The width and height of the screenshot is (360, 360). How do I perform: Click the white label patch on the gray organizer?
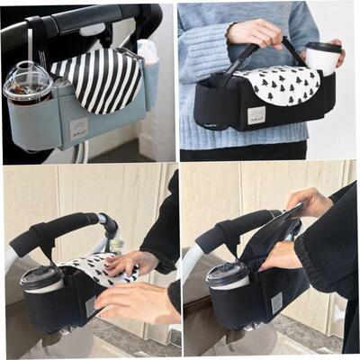[x=79, y=127]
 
